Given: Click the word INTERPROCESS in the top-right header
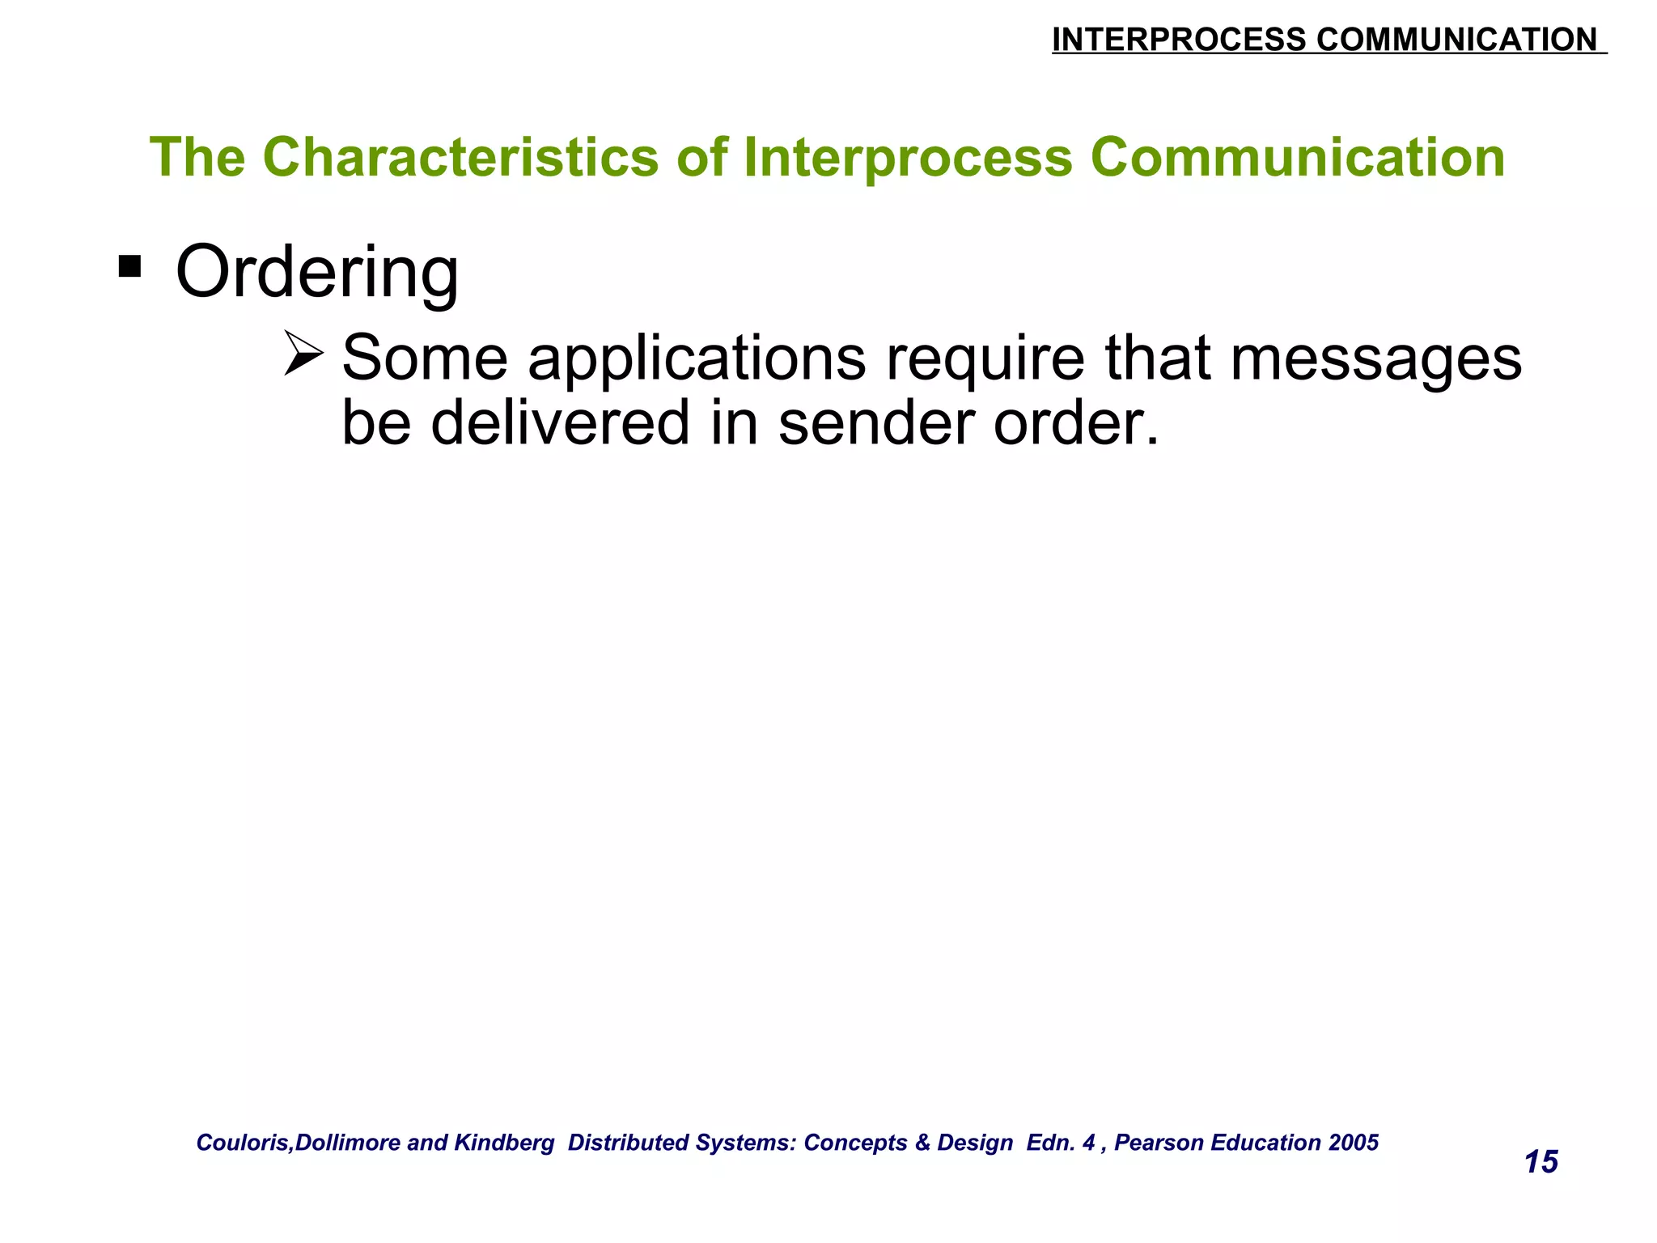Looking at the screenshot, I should tap(1178, 40).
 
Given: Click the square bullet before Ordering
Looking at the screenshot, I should tap(129, 265).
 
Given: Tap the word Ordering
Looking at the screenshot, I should tap(317, 274).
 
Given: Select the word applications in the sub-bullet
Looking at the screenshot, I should tap(697, 358).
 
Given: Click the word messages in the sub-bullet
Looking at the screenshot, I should tap(1375, 360).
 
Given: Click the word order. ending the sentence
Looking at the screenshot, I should tap(1076, 422).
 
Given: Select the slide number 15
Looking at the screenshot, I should tap(1540, 1162).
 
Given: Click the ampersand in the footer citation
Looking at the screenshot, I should tap(922, 1143).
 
